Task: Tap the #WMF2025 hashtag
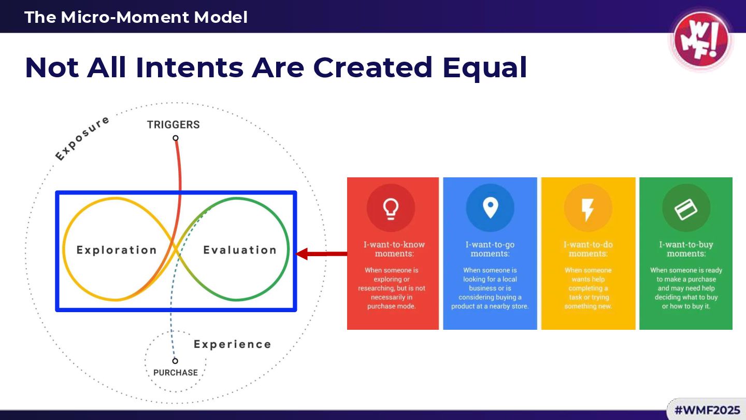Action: (x=707, y=410)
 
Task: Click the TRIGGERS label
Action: (x=173, y=124)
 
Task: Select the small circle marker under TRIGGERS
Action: (x=176, y=138)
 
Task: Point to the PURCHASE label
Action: (x=176, y=372)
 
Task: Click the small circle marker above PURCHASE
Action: (x=175, y=361)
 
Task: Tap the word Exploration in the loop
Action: (x=117, y=250)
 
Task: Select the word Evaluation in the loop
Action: (x=240, y=250)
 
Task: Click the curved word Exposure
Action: (x=82, y=138)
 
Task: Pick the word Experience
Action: (x=232, y=344)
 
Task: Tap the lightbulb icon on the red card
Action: (x=391, y=208)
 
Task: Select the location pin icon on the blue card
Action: (x=490, y=208)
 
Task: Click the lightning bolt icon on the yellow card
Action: (x=587, y=208)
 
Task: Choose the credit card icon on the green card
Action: (x=686, y=208)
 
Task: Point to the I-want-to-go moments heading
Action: (x=490, y=249)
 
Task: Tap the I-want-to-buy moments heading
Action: (x=686, y=249)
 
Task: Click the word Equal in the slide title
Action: (x=485, y=67)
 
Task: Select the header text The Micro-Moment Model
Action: (x=136, y=17)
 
